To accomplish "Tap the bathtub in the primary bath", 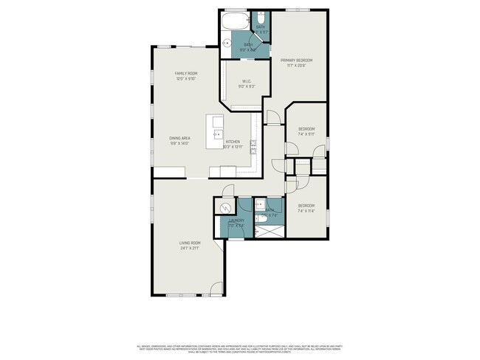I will pyautogui.click(x=235, y=20).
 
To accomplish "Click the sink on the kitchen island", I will pyautogui.click(x=218, y=134).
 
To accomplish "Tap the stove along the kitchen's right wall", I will pyautogui.click(x=253, y=144).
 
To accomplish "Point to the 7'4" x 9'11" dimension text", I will pyautogui.click(x=306, y=134).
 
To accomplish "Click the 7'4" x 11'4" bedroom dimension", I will pyautogui.click(x=306, y=211).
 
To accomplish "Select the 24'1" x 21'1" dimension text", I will pyautogui.click(x=190, y=249).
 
